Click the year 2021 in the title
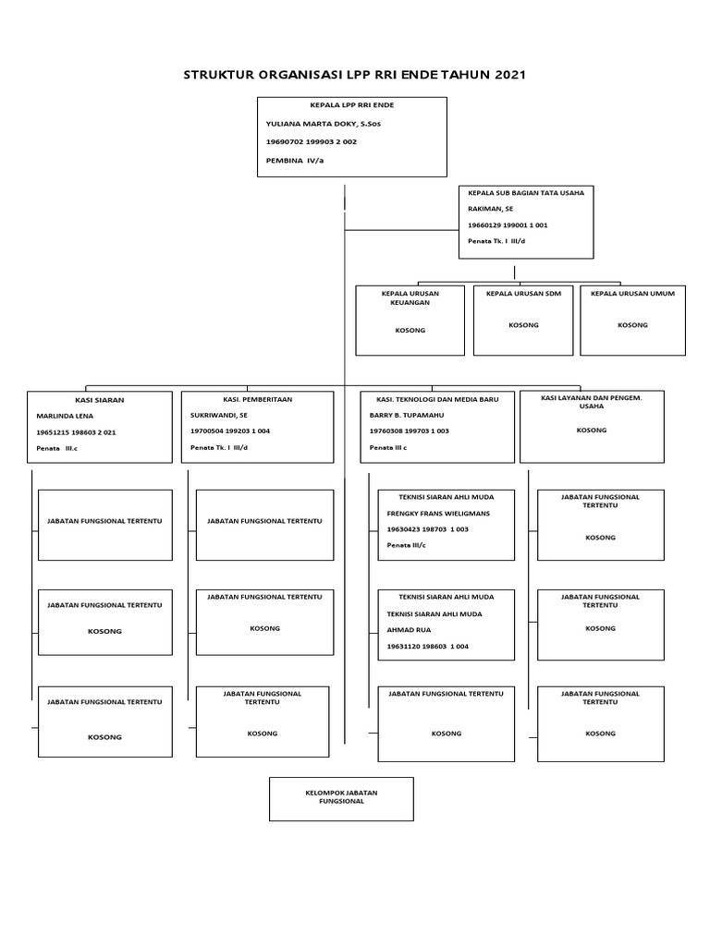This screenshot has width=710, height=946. click(x=506, y=75)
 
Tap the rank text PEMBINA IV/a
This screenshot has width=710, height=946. click(x=295, y=160)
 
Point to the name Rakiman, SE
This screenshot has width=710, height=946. click(x=491, y=209)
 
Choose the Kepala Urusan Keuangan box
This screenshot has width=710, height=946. click(x=410, y=320)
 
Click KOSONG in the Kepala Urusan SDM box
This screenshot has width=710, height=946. click(x=523, y=325)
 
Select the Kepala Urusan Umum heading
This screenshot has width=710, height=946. click(x=632, y=293)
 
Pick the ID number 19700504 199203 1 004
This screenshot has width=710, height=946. click(x=229, y=431)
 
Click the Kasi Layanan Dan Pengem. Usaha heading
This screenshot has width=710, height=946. click(x=592, y=401)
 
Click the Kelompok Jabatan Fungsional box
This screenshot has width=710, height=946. click(x=341, y=798)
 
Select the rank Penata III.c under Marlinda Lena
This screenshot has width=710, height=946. click(x=57, y=448)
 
